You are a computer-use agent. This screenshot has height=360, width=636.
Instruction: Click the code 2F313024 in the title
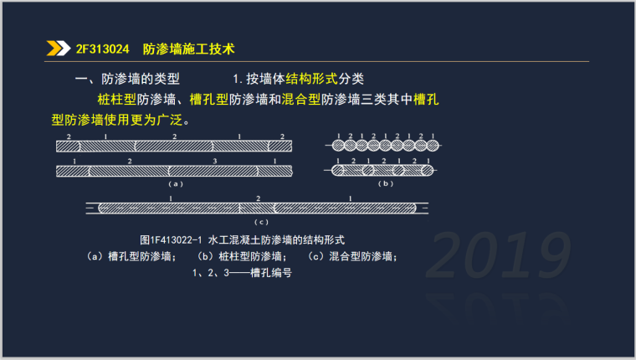click(x=102, y=49)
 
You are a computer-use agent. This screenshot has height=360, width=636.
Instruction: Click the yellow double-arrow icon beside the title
click(x=59, y=49)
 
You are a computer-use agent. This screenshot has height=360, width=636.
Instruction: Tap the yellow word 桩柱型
click(x=116, y=99)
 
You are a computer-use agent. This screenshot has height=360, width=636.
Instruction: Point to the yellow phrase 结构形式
click(x=311, y=80)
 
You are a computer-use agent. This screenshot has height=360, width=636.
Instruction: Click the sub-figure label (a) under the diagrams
click(x=174, y=183)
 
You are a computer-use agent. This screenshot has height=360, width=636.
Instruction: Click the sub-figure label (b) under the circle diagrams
click(x=385, y=183)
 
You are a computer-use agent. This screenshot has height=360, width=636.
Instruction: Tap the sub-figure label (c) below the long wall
click(x=259, y=221)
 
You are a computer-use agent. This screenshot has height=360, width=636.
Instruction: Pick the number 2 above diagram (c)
click(x=258, y=198)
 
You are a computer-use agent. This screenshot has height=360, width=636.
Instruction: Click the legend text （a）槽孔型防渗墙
click(x=130, y=256)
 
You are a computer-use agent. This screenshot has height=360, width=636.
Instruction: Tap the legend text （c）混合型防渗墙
click(x=352, y=256)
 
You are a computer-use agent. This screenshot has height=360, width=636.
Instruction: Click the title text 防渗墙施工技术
click(x=189, y=49)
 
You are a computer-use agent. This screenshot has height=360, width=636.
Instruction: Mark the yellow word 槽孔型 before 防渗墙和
click(x=209, y=99)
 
